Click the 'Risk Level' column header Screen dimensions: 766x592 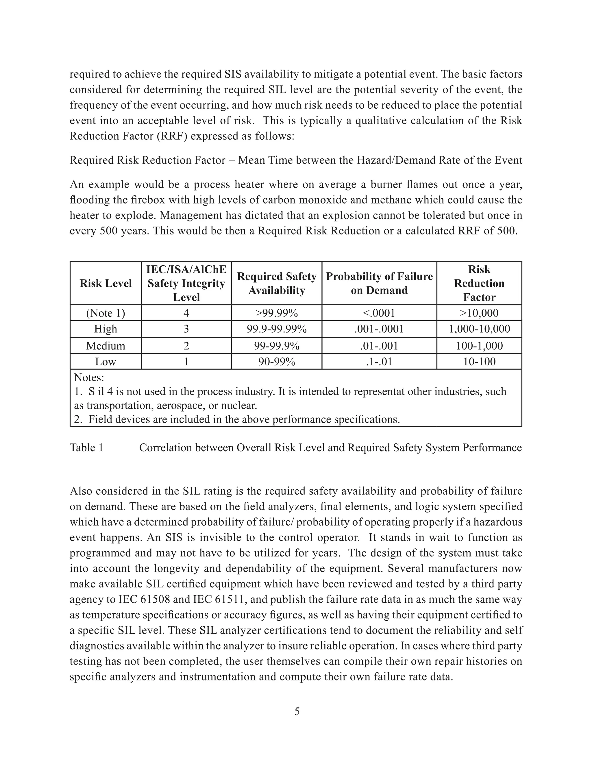(x=106, y=283)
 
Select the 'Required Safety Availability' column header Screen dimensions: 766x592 (x=276, y=283)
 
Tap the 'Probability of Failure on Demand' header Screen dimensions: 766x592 (x=379, y=283)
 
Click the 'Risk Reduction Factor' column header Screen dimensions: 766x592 (x=479, y=283)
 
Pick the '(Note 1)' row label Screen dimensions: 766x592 (x=106, y=313)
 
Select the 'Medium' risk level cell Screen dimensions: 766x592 (x=106, y=346)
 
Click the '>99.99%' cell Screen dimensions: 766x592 (x=276, y=313)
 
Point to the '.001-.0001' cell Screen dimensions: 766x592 (x=379, y=329)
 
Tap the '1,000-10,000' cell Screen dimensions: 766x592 (x=479, y=329)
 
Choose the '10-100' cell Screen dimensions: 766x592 (x=479, y=362)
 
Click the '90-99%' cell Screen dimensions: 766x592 (x=276, y=362)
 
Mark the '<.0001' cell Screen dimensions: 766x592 (x=379, y=313)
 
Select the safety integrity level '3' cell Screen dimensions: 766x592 (x=186, y=329)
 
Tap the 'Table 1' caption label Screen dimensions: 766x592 (x=87, y=447)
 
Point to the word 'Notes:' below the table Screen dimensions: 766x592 (x=89, y=378)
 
